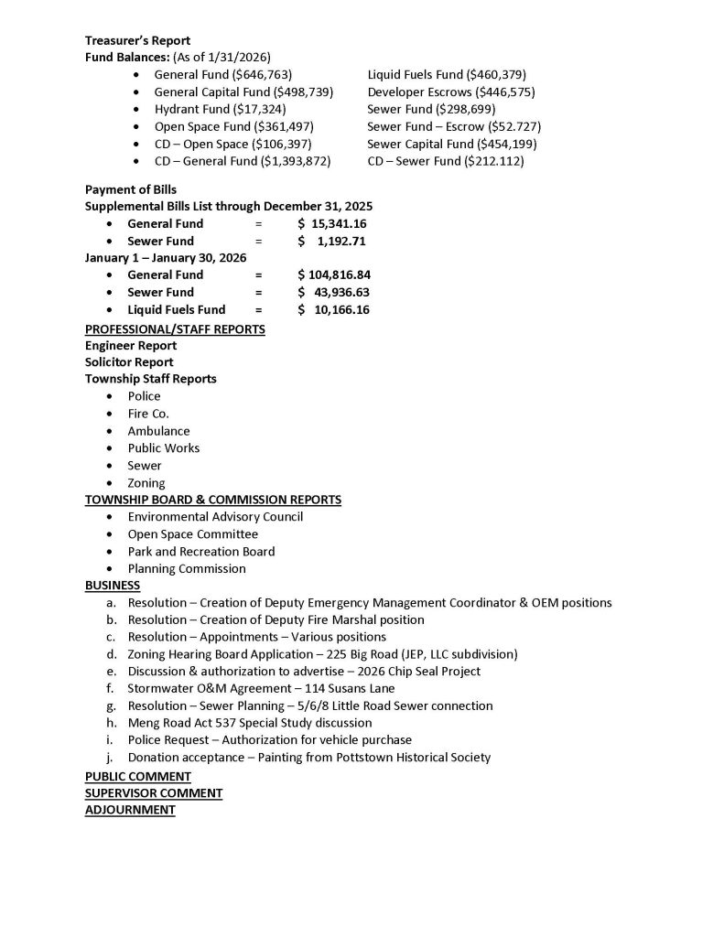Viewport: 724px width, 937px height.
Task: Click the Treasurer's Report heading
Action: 137,40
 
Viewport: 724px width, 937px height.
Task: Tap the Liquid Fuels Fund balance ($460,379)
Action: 446,75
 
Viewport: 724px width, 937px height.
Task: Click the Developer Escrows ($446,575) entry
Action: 450,92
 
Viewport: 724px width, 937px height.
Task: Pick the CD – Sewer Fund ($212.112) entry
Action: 445,162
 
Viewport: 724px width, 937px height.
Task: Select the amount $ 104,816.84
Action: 333,275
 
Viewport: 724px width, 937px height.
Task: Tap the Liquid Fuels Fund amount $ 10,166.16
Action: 333,310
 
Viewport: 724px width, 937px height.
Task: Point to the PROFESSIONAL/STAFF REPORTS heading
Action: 175,328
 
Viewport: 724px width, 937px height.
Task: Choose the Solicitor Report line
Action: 129,362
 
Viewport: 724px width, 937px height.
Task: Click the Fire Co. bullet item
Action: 148,414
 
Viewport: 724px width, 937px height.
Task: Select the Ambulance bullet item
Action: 158,431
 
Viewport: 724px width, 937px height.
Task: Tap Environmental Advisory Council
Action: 215,517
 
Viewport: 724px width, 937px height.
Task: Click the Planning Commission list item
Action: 187,569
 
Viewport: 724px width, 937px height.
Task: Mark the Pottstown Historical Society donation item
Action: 308,758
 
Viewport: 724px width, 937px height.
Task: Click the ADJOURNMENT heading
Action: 129,810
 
